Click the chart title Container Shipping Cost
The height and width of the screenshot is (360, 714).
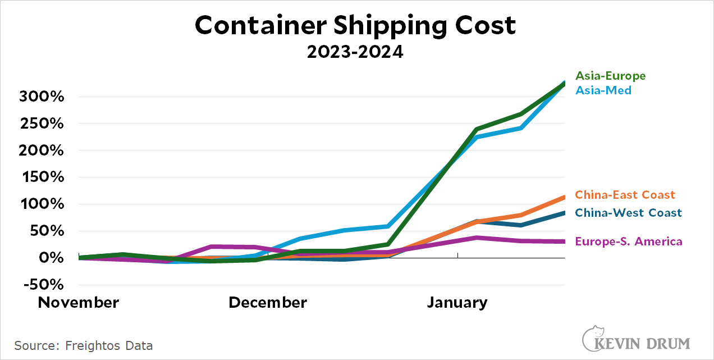click(355, 25)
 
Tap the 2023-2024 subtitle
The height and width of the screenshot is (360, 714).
click(355, 52)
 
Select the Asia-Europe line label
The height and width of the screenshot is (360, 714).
click(610, 76)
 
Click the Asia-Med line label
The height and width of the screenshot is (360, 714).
click(603, 90)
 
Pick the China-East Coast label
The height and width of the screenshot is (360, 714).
click(625, 195)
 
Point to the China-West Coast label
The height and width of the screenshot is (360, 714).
click(628, 213)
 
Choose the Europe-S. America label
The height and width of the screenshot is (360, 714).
click(629, 241)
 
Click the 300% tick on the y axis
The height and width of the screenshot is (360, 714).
click(42, 97)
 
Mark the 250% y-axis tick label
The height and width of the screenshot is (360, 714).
click(42, 124)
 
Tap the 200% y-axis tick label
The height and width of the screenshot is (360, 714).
click(42, 151)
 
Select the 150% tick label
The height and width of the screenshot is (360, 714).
click(42, 177)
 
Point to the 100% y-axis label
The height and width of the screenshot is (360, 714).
click(42, 204)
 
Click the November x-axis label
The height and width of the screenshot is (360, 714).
click(78, 303)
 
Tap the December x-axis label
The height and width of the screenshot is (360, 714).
click(268, 303)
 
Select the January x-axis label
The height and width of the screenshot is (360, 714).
click(457, 303)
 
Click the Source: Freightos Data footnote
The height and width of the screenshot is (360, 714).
click(84, 345)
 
